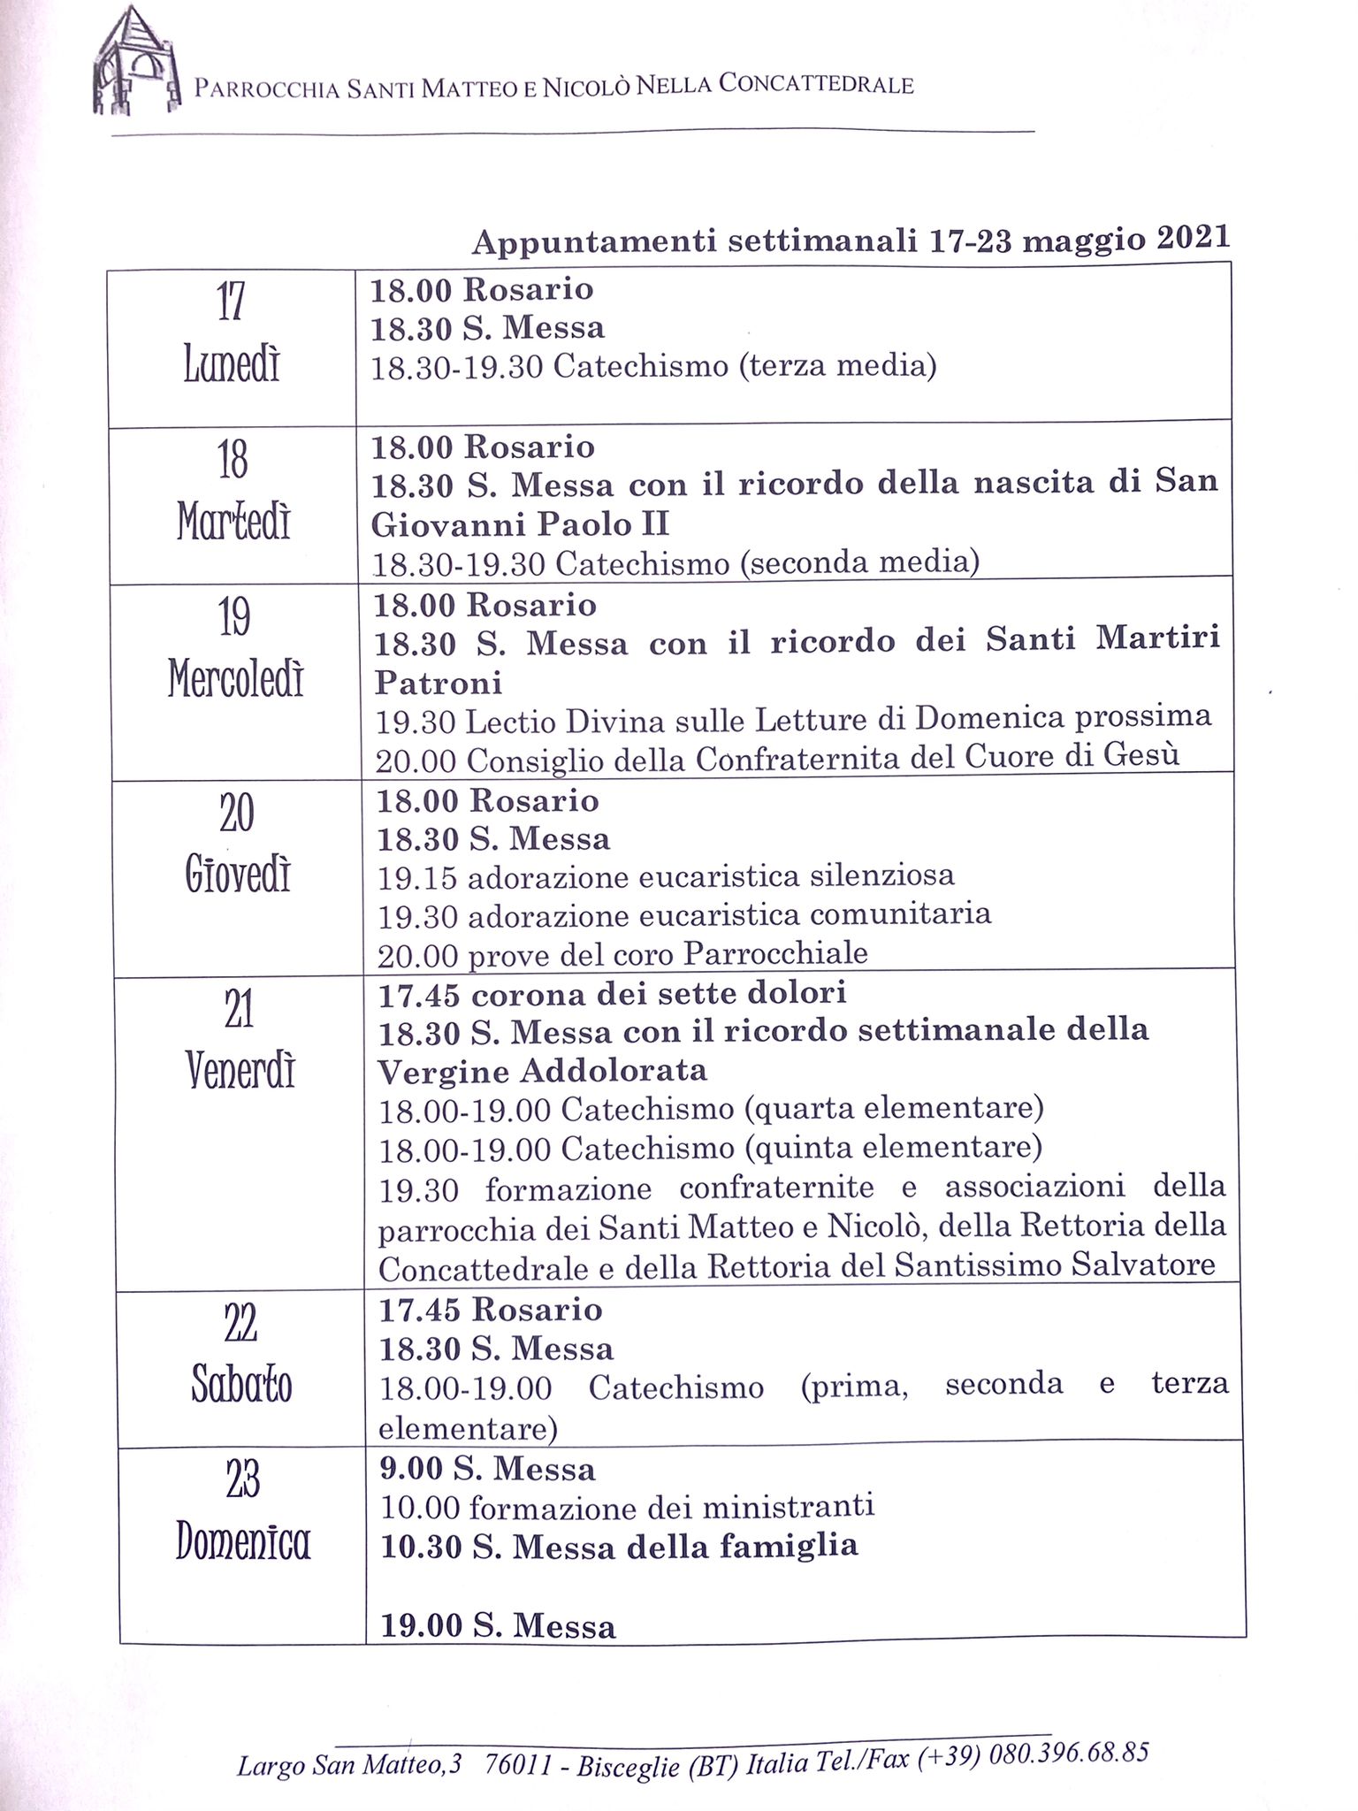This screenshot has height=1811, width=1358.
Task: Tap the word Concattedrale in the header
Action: [x=816, y=84]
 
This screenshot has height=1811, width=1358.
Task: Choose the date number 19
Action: [x=234, y=616]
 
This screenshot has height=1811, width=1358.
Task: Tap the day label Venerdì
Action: [x=240, y=1071]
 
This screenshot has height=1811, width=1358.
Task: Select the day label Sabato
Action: [x=241, y=1384]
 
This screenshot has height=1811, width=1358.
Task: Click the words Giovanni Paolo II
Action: [x=520, y=524]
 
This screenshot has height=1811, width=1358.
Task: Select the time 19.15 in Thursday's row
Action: [x=416, y=877]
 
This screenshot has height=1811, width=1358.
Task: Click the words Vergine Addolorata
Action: [x=543, y=1071]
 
